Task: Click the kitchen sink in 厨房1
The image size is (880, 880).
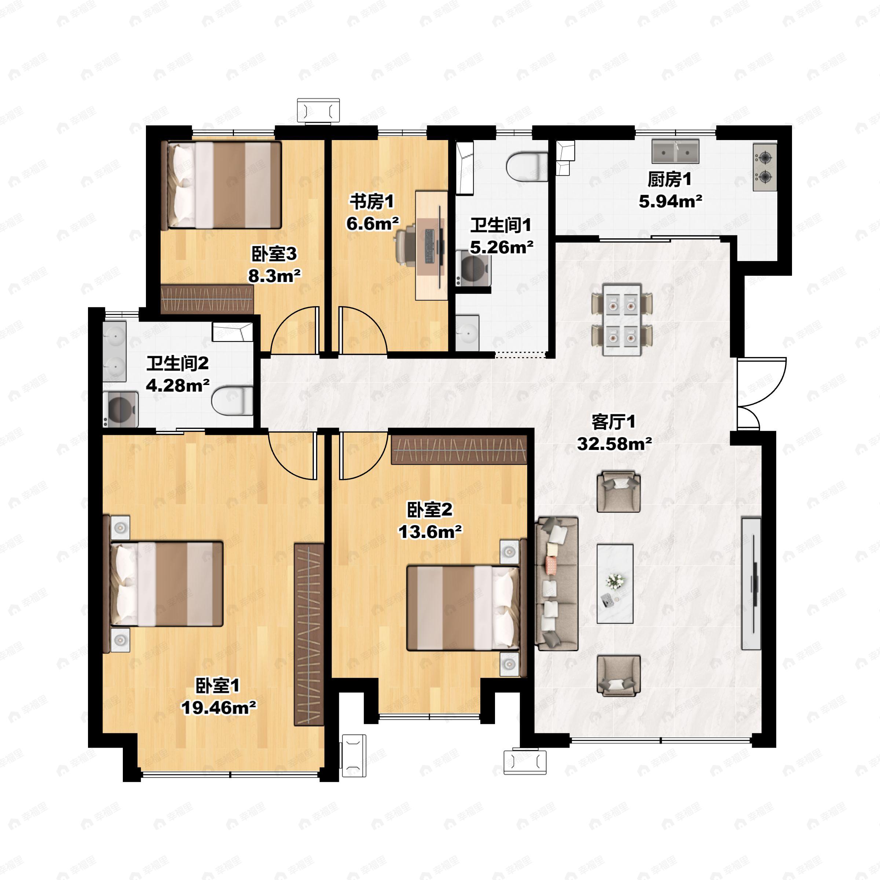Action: [675, 152]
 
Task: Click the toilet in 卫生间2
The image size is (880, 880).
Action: [233, 400]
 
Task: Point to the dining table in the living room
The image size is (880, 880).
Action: [622, 320]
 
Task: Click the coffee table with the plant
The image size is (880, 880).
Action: [615, 583]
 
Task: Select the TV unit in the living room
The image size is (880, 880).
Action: [751, 583]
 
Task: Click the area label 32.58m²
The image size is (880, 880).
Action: [614, 443]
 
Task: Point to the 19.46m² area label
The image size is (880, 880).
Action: [219, 707]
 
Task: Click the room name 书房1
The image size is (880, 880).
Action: [372, 201]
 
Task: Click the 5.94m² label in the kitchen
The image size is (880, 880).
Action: [670, 201]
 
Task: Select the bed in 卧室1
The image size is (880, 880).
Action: [166, 583]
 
